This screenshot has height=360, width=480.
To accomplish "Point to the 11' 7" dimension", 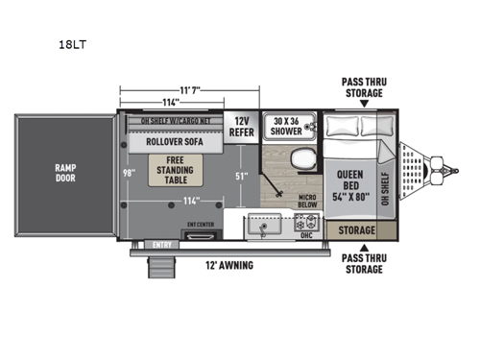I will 172,88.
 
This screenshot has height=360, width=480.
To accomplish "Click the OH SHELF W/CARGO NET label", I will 175,121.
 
